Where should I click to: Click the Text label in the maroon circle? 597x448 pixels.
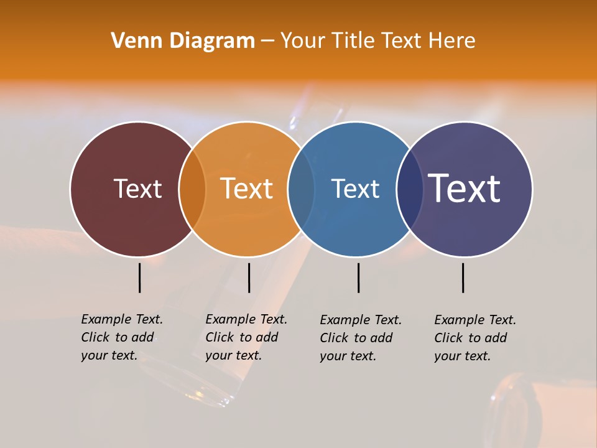(137, 189)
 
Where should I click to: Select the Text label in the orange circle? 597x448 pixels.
(247, 189)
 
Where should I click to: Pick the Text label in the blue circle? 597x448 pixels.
(355, 189)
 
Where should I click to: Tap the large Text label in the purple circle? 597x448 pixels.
(465, 188)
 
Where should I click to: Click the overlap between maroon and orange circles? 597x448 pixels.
(192, 189)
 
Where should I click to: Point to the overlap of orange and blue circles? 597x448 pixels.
(301, 189)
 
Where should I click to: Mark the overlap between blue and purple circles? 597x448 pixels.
(409, 189)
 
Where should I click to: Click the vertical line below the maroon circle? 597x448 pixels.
(139, 278)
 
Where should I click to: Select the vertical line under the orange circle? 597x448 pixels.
(249, 278)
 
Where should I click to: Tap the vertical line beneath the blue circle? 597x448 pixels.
(358, 278)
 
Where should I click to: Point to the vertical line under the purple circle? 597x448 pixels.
(463, 278)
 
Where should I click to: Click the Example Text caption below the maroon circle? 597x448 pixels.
(122, 337)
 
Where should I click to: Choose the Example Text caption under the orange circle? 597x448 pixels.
(246, 337)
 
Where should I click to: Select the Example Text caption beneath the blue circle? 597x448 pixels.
(361, 338)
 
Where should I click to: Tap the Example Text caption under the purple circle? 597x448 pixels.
(475, 338)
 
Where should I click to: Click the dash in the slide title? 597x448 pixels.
(267, 41)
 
